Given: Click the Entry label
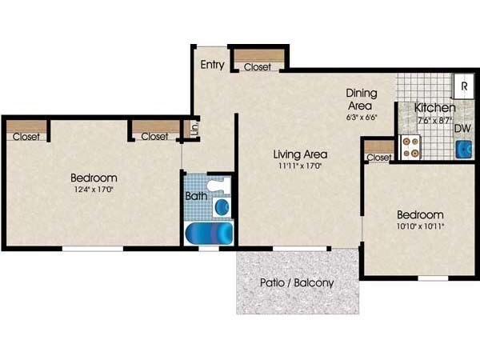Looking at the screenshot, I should coord(212,65).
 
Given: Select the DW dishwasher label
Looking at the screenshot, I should coord(462,127).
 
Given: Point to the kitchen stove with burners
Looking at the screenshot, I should coord(410,146).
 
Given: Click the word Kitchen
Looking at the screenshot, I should coord(435,107).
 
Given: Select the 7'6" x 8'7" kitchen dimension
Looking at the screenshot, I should coord(434,120).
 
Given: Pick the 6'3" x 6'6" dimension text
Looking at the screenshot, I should coord(362,117).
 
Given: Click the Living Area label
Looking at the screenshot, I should coord(300,154).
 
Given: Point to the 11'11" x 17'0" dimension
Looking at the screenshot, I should coord(300,166).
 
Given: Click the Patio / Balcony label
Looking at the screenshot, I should coord(297,282).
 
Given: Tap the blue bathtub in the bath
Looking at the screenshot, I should coord(210,234).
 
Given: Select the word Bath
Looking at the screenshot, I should coord(196,194).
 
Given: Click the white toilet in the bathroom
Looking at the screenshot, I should coord(217,188).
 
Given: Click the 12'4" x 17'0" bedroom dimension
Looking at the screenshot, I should coord(94,190).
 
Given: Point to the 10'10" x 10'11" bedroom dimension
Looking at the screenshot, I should coord(420,226).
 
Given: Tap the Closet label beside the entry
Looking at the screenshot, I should coord(258,66).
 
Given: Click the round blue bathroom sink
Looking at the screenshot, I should coord(222,207).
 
